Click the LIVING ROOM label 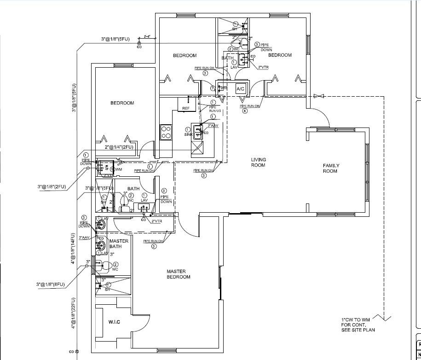(258, 163)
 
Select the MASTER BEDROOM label (179, 274)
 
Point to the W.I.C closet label (114, 322)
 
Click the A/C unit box (240, 88)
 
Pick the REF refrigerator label (186, 109)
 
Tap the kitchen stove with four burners (166, 132)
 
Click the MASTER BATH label (119, 244)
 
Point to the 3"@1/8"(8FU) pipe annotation (51, 285)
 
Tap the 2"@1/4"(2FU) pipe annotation (119, 147)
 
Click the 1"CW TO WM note (358, 325)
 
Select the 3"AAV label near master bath (84, 238)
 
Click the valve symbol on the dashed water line (317, 96)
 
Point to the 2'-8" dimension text (148, 36)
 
